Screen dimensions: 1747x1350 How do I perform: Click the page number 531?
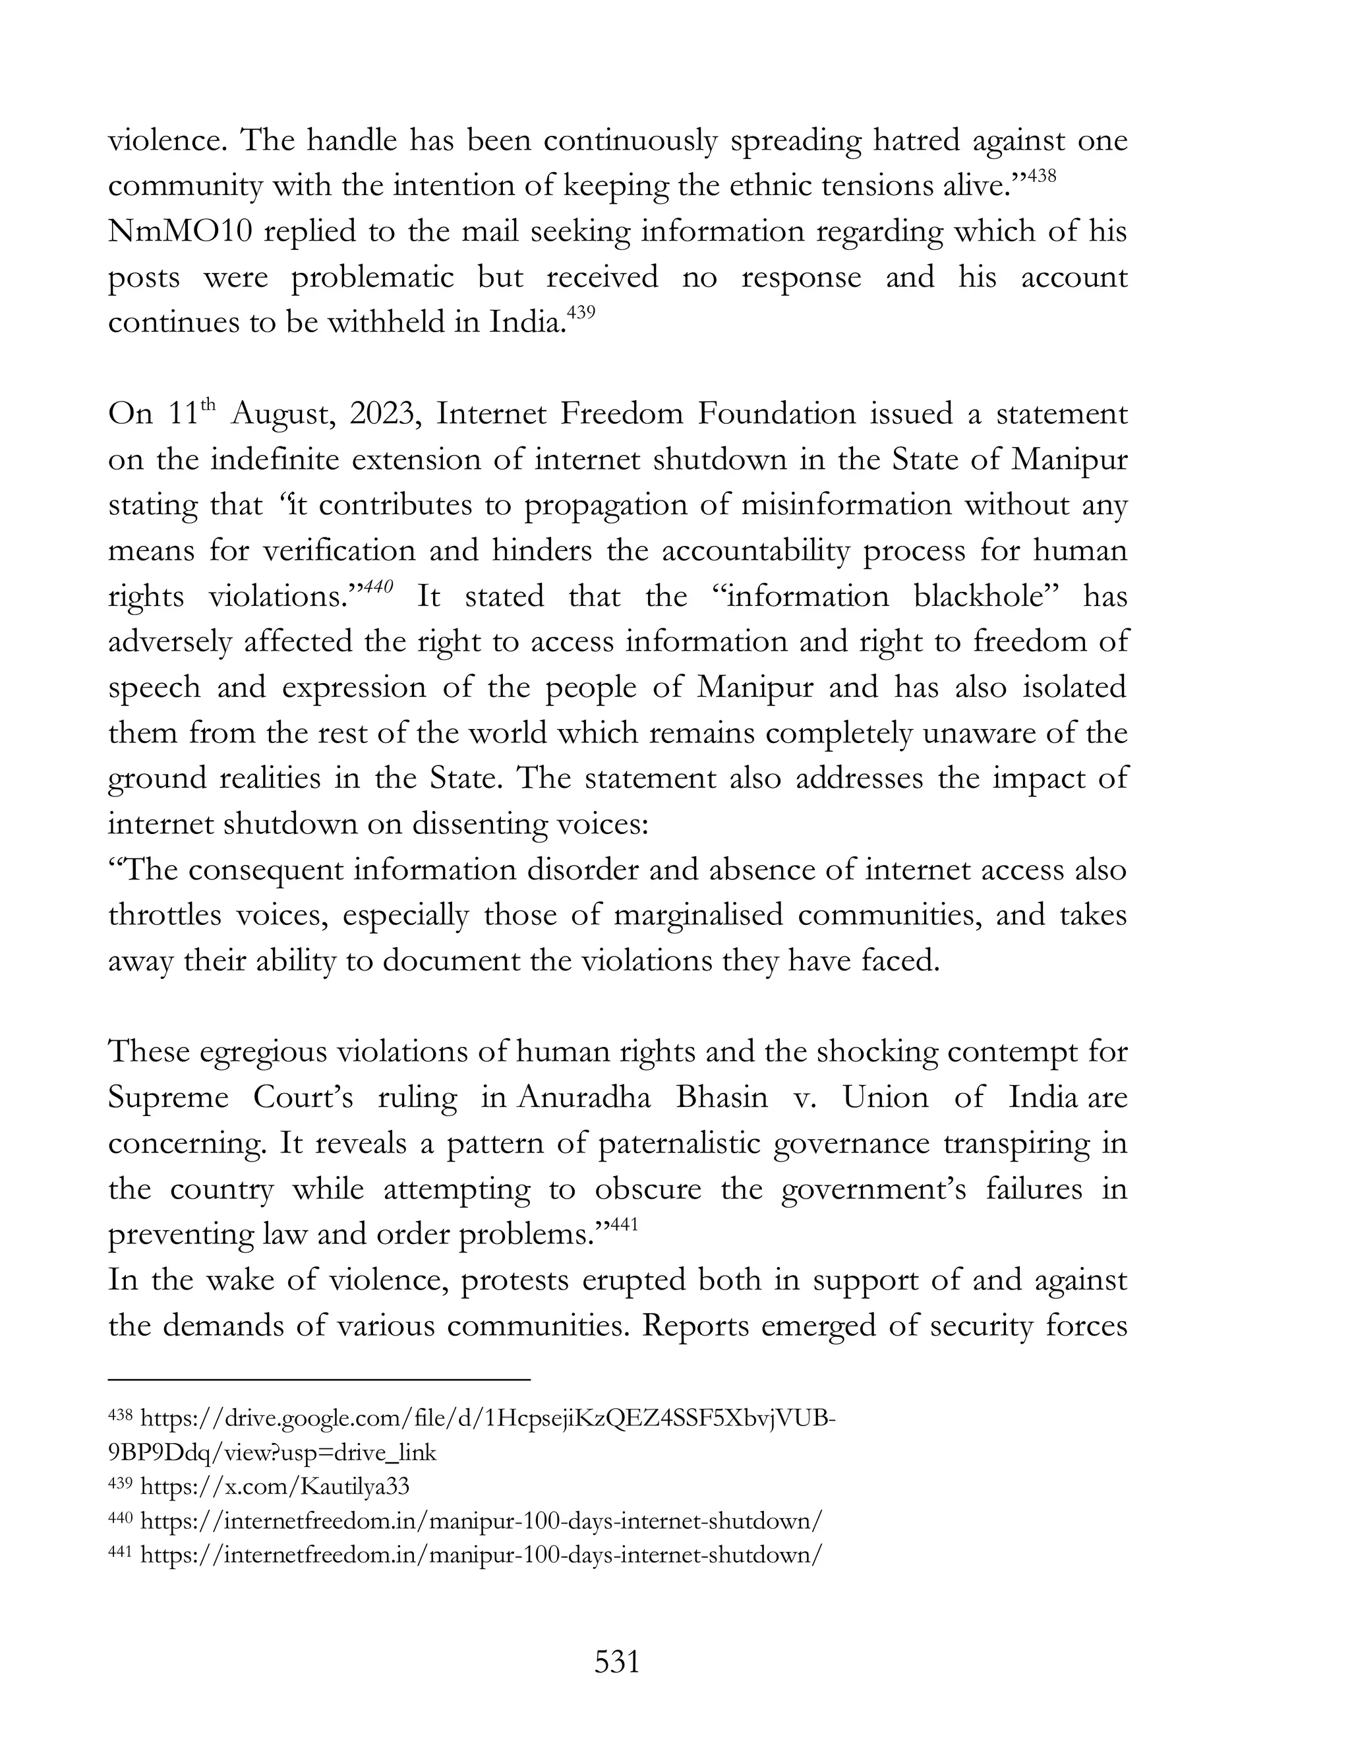click(x=616, y=1662)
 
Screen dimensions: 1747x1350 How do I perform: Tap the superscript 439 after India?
click(x=581, y=312)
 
